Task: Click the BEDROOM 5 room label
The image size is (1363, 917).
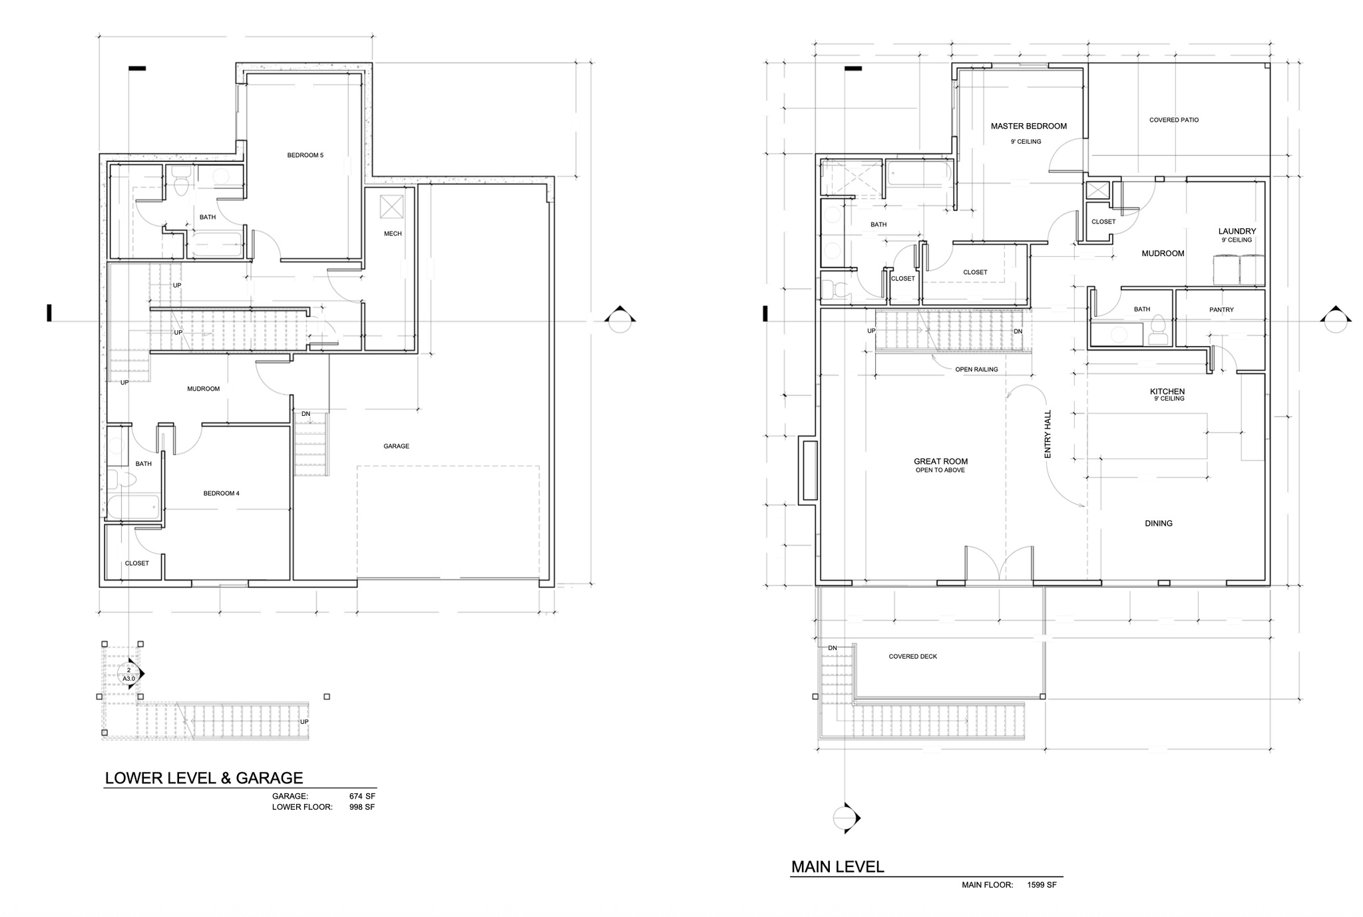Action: coord(305,156)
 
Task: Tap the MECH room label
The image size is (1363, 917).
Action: coord(393,234)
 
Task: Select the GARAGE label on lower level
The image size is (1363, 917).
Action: coord(396,447)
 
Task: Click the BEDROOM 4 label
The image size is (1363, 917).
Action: coord(221,494)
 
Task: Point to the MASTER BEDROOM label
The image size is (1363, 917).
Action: coord(1028,126)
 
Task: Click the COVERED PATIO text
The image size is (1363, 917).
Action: coord(1173,120)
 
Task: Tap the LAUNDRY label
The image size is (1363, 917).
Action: coord(1237,232)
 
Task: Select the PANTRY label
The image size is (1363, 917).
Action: coord(1221,310)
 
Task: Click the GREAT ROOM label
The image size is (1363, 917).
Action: coord(940,462)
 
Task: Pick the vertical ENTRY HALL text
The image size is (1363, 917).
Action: coord(1048,434)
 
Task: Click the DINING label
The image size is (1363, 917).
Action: coord(1158,524)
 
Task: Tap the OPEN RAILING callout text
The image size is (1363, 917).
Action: coord(976,370)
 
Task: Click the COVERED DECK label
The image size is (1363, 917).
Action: coord(912,657)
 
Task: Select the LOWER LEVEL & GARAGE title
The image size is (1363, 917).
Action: coord(204,778)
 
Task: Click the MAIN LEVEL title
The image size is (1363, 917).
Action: coord(837,867)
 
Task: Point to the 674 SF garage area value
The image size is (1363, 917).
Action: coord(362,796)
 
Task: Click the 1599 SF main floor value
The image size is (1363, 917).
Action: coord(1042,885)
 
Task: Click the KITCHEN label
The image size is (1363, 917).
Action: coord(1167,392)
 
